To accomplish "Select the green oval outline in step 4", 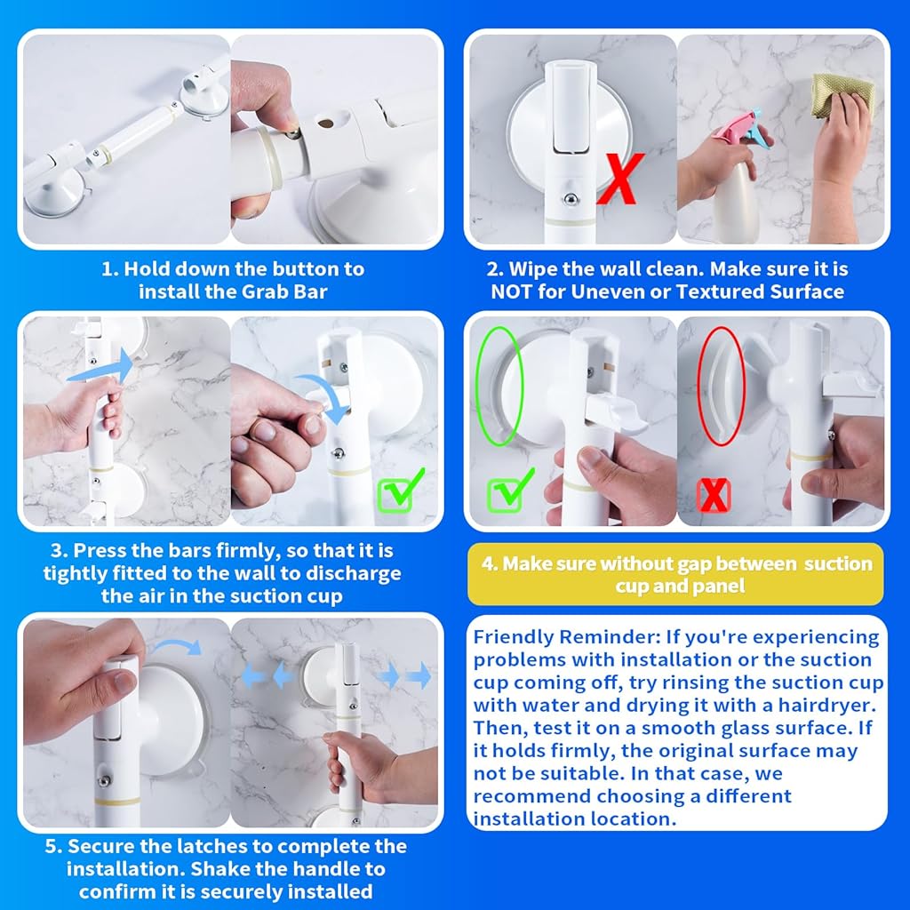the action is [x=499, y=386].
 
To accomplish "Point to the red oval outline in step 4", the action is [x=722, y=386].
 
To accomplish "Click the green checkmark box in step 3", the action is [x=401, y=491].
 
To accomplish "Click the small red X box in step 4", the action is [x=714, y=495].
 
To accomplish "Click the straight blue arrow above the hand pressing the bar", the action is [x=100, y=368].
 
